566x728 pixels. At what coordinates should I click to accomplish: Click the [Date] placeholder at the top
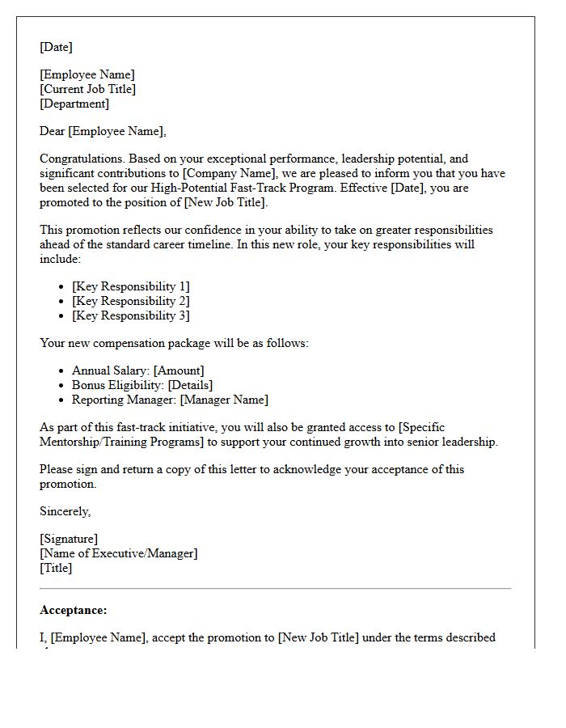click(x=56, y=47)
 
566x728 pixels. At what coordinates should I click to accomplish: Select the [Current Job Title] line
click(x=87, y=89)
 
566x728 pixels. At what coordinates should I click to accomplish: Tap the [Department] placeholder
click(x=74, y=104)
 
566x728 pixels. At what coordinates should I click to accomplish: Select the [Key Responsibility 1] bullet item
click(x=130, y=286)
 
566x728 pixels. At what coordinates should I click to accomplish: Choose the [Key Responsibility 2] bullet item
click(x=130, y=301)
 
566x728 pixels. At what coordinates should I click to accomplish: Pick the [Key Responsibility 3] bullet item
click(x=130, y=315)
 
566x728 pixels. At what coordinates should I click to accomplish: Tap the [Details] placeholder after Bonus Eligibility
click(x=190, y=385)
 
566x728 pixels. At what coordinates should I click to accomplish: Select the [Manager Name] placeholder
click(x=224, y=400)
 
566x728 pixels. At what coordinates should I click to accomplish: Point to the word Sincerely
click(x=65, y=511)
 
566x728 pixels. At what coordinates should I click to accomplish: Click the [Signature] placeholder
click(x=69, y=539)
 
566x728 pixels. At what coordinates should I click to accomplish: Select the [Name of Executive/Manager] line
click(x=118, y=553)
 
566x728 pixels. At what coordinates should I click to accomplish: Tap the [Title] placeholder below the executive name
click(x=56, y=568)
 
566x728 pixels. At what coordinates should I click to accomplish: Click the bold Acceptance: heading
click(x=73, y=610)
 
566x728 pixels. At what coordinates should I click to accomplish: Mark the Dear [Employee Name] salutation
click(x=103, y=131)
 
